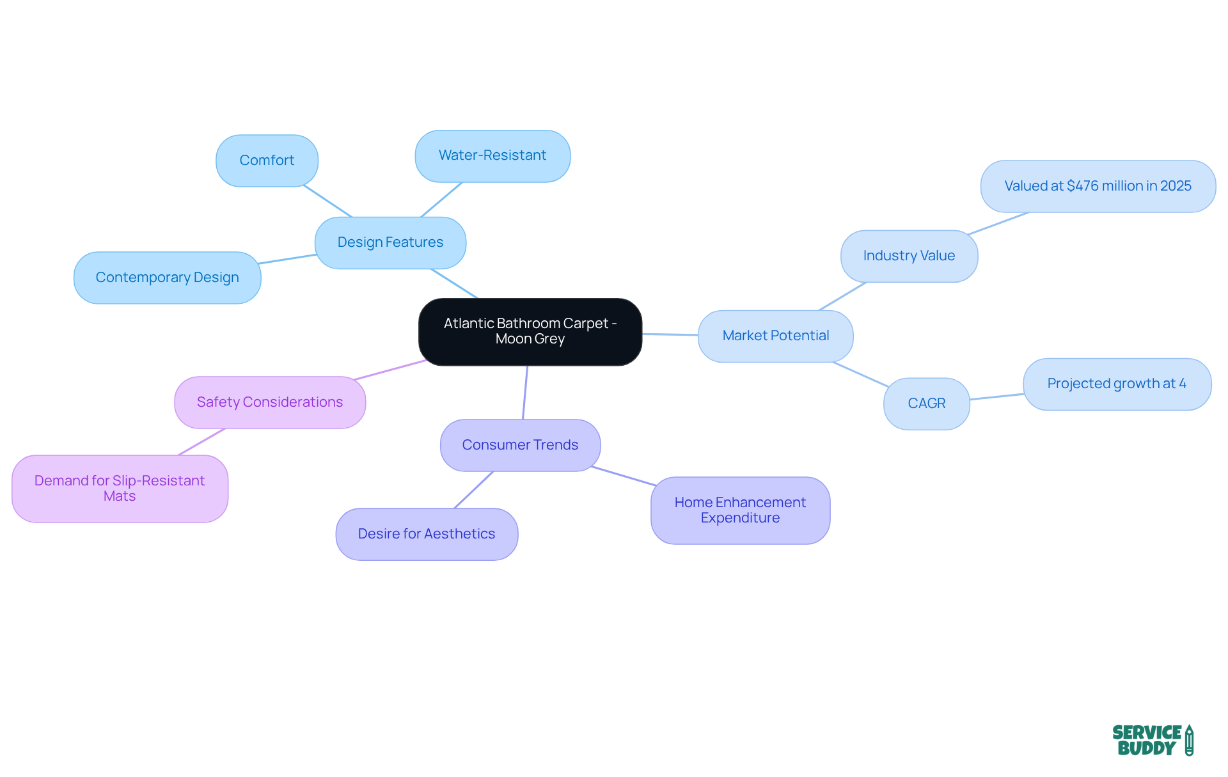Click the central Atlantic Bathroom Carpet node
(530, 331)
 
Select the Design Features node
(390, 242)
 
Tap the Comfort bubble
(267, 161)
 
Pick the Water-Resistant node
(492, 155)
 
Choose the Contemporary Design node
(167, 278)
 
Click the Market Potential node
(775, 336)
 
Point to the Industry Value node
(909, 256)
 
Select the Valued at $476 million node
(1098, 186)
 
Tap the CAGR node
(926, 404)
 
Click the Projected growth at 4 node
(1117, 384)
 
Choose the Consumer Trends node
(520, 445)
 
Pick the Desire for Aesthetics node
(427, 534)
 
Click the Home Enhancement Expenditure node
(740, 510)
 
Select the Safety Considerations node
(270, 402)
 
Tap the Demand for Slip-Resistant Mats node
(120, 489)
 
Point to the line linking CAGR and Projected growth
(996, 397)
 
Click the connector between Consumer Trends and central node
(525, 393)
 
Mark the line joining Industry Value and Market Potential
(842, 296)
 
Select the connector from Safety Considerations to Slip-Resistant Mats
(201, 442)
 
